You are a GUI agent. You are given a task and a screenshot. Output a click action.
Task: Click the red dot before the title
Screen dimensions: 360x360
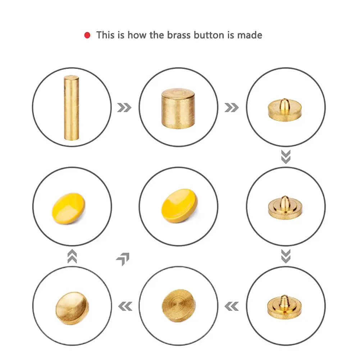[87, 35]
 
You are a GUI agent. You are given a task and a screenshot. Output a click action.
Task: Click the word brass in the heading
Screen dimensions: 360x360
[179, 35]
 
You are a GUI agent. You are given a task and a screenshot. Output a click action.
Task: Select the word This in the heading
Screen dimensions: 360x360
[105, 35]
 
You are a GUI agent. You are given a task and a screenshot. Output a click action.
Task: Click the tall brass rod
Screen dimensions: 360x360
[71, 108]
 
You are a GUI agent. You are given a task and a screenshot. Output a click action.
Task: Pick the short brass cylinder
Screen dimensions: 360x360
[178, 108]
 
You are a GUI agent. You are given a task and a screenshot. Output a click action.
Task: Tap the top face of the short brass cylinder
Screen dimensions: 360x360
[178, 94]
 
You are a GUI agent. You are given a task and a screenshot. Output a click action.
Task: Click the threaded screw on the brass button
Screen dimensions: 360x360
[285, 302]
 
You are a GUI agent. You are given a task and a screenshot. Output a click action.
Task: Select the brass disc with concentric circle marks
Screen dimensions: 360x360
[179, 306]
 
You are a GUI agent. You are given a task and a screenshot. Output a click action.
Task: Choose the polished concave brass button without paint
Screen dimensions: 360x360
[72, 308]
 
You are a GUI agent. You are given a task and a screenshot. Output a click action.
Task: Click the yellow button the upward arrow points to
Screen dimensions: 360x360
[69, 209]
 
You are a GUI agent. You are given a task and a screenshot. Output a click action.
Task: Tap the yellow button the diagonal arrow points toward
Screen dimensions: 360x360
[179, 206]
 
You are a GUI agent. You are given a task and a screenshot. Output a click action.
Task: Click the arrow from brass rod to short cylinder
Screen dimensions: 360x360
[124, 108]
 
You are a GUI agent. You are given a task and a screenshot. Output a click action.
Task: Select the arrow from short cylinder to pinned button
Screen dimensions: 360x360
[232, 108]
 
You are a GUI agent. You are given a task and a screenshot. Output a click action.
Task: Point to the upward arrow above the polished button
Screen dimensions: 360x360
[72, 256]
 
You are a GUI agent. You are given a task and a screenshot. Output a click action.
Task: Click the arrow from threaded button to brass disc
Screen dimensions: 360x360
[232, 306]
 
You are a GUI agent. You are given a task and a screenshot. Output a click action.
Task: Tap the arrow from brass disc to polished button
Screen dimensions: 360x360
[125, 306]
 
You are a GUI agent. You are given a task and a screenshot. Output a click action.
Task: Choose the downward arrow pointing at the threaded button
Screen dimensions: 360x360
[286, 256]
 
